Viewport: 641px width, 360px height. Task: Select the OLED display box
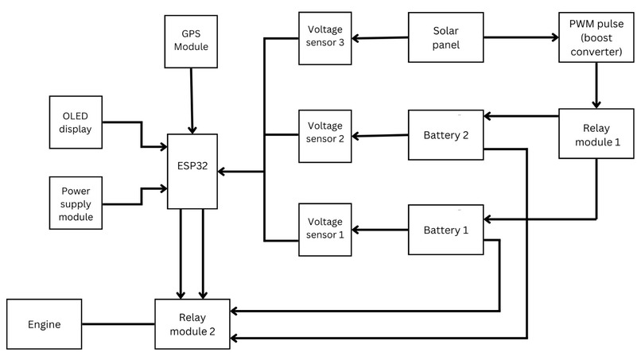pos(76,122)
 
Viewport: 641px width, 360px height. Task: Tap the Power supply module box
pos(76,204)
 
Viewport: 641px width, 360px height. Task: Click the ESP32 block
pos(192,172)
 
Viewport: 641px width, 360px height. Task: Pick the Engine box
pos(44,324)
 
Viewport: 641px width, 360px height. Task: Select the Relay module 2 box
pos(192,324)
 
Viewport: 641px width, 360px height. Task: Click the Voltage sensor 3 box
pos(325,37)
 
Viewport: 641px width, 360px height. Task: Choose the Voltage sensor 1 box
pos(325,230)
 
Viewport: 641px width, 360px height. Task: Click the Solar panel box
pos(445,37)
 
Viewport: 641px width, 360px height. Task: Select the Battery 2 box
pos(445,135)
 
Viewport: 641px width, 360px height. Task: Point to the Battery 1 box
pos(445,230)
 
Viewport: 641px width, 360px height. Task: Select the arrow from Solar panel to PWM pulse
pos(521,37)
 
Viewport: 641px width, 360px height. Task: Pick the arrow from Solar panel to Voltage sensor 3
pos(380,37)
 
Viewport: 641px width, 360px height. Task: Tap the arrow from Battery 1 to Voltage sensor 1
pos(380,230)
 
